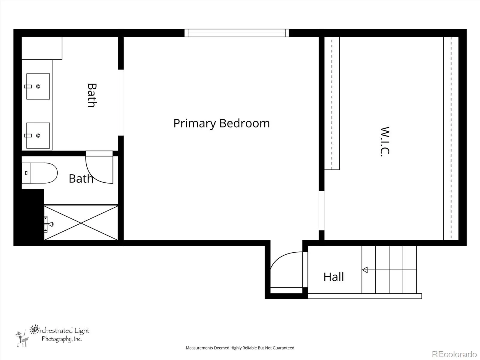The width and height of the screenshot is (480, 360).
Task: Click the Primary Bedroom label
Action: point(221,124)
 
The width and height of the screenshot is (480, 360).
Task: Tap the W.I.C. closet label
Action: point(385,142)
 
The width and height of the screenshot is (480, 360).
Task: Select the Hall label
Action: point(334,277)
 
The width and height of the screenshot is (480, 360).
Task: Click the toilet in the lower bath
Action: point(39,173)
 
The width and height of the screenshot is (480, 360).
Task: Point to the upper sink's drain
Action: point(38,86)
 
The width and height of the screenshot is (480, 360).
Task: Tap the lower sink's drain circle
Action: point(38,136)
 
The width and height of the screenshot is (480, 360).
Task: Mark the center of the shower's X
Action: point(81,223)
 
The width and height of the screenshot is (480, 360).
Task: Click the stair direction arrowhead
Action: point(364,270)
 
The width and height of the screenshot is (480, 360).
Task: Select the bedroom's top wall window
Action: point(237,33)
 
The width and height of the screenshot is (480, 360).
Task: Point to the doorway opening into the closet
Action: point(322,211)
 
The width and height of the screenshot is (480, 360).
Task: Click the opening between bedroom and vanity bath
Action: point(121,103)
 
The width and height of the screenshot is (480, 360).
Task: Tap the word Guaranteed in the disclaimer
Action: point(284,348)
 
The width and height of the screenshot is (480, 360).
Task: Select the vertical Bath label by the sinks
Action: point(92,95)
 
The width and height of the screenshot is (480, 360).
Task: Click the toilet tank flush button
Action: point(26,173)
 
